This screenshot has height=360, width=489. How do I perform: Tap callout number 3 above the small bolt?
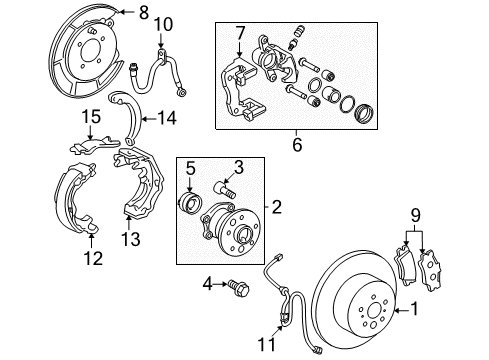(x=238, y=166)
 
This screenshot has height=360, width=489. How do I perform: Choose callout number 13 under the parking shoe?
(x=128, y=237)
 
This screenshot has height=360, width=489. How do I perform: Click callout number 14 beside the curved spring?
(x=164, y=119)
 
